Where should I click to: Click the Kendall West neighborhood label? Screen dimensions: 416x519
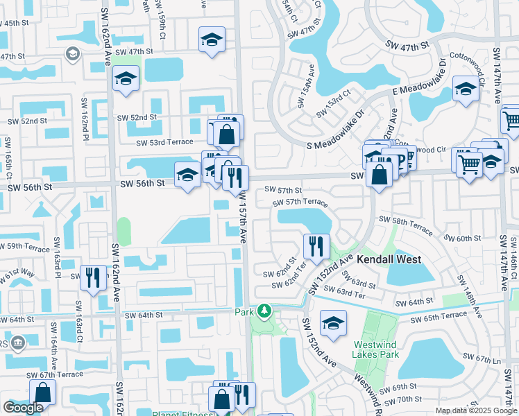(389, 259)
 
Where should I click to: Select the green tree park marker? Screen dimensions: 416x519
(264, 311)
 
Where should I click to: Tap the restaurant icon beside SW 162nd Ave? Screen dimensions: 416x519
(92, 277)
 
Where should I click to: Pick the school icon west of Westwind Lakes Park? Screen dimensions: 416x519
(334, 323)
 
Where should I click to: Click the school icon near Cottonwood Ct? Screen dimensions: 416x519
(466, 89)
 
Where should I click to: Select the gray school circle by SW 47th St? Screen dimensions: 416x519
(72, 53)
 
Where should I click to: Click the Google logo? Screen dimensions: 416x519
(23, 408)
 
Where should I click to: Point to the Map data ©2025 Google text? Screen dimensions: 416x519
(475, 411)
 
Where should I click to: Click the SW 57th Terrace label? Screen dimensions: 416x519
(300, 202)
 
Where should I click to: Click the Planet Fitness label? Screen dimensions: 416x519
(183, 414)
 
